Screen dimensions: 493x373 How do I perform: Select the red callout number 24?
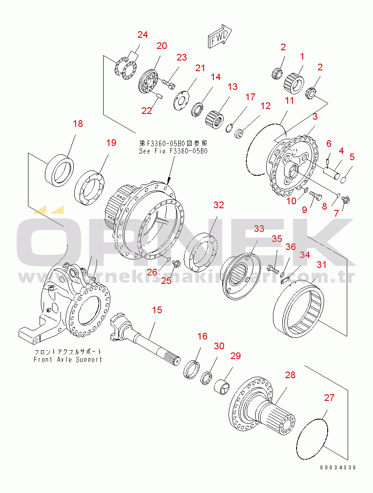[142, 35]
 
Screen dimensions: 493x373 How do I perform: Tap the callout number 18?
[78, 124]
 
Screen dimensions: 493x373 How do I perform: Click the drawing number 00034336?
[337, 468]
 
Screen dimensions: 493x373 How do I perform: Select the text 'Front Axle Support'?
[68, 360]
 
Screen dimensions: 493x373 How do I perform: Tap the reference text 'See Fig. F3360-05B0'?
[173, 151]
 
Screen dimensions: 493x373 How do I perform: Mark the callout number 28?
[290, 375]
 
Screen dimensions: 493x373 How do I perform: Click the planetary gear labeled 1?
[294, 80]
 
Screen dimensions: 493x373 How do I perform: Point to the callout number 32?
[218, 205]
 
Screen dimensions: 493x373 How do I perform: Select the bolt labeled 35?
[272, 268]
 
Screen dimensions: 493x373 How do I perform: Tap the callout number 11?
[289, 101]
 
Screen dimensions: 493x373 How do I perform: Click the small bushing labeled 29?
[223, 386]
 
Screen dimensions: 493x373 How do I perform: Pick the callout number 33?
[259, 229]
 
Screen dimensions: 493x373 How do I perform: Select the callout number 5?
[352, 157]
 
